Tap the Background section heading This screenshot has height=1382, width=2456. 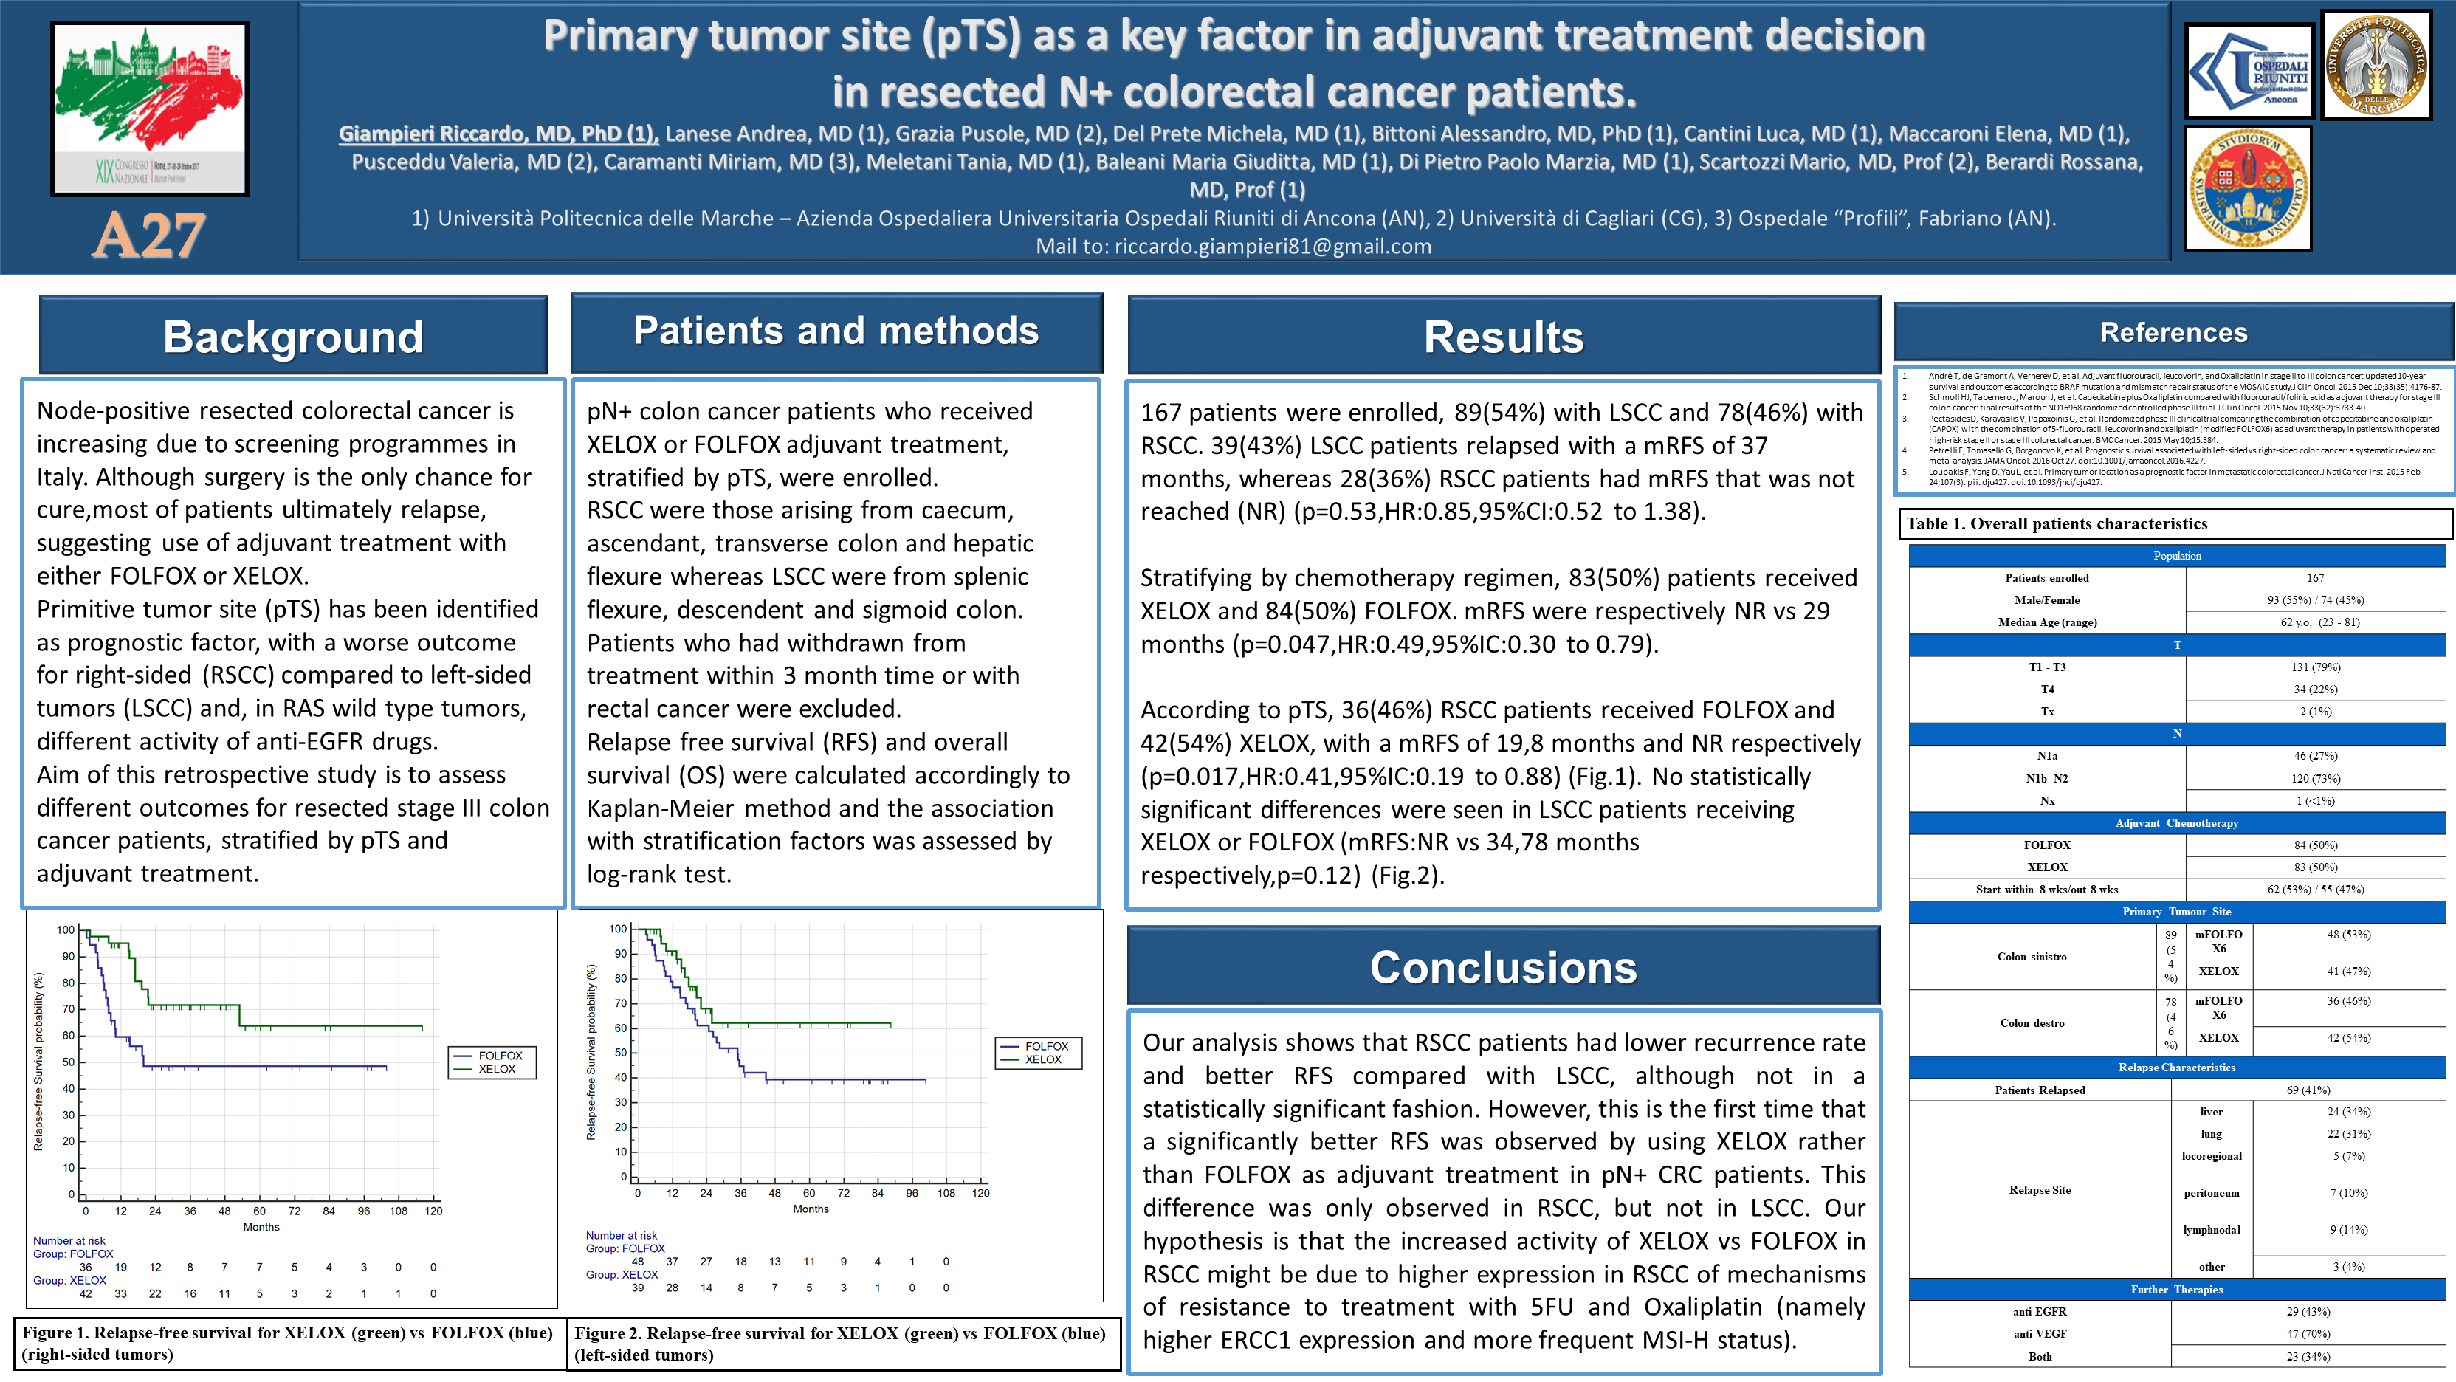[293, 337]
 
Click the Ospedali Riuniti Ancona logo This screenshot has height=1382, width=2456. [2248, 72]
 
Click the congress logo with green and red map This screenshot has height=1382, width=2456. [150, 107]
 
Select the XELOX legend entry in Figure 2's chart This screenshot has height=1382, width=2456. [1042, 1059]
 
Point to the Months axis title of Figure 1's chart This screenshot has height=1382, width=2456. [261, 1228]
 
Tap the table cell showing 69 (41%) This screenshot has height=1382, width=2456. [2308, 1090]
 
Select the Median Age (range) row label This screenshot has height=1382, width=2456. [2046, 622]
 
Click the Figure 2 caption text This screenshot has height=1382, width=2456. [839, 1344]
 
